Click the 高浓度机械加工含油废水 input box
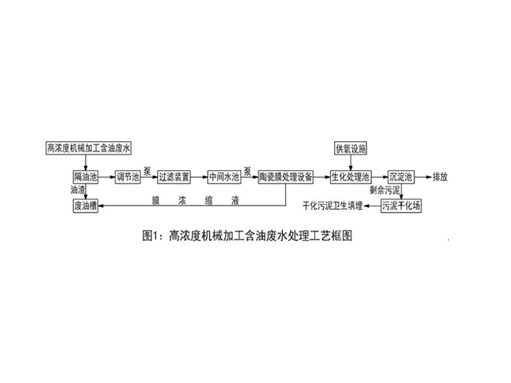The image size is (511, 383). [x=88, y=148]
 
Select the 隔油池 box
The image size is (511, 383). [x=86, y=177]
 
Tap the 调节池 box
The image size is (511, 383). [x=127, y=177]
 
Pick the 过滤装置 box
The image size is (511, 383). [x=174, y=177]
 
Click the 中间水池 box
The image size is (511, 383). [x=224, y=177]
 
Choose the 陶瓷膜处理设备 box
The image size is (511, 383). [x=286, y=177]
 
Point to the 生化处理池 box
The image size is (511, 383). [x=351, y=177]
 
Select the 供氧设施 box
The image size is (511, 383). [x=351, y=148]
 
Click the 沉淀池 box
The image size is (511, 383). [x=401, y=177]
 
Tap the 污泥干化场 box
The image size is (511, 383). [x=401, y=206]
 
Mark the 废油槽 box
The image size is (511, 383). [x=86, y=206]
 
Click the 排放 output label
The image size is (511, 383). [x=440, y=177]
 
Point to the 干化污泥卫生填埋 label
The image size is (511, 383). [x=333, y=206]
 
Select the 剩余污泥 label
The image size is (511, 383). [x=384, y=190]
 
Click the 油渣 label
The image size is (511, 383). [x=78, y=190]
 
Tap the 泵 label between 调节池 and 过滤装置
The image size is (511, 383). [x=147, y=171]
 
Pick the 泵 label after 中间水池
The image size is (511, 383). [x=248, y=171]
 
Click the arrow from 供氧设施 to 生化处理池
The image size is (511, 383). [x=351, y=162]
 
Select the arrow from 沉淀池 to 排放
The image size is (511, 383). [x=423, y=177]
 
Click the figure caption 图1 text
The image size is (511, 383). [x=248, y=235]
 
